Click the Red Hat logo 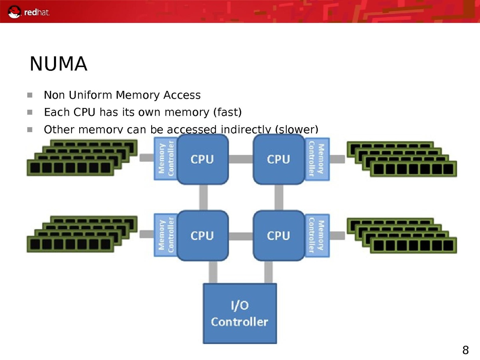click(x=29, y=12)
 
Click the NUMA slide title click(x=58, y=64)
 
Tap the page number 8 click(x=465, y=351)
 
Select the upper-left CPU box click(x=202, y=159)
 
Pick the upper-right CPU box click(x=278, y=159)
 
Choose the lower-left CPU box click(x=202, y=236)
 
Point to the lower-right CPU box click(x=278, y=236)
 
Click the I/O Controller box click(x=240, y=313)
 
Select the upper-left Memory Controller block click(x=166, y=159)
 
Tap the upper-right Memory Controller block click(x=317, y=159)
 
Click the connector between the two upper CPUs click(x=240, y=159)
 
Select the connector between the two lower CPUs click(x=240, y=236)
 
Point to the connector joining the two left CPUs click(x=203, y=198)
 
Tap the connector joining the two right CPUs click(x=279, y=198)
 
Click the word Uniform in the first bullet click(x=91, y=96)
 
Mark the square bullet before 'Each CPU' click(x=30, y=112)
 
